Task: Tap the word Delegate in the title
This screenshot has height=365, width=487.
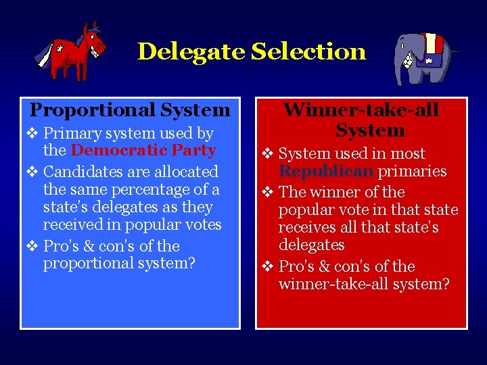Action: point(191,51)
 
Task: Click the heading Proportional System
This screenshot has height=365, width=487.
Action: point(130,109)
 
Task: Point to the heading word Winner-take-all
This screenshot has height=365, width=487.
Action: point(361,109)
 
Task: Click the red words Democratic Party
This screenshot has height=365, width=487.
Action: point(143,151)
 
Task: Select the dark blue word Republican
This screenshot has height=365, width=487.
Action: point(326,171)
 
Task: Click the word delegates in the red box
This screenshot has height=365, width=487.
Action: point(311,245)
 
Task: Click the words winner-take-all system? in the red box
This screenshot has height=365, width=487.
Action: point(364,284)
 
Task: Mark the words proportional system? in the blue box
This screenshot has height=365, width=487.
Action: point(119,262)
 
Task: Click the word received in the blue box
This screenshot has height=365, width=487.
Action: point(70,224)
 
